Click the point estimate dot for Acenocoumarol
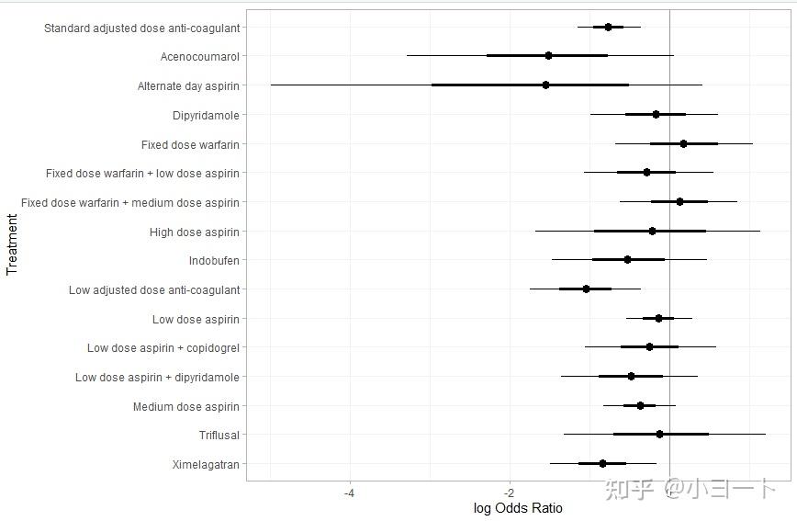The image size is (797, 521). tap(548, 56)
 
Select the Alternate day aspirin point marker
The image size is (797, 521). tap(545, 85)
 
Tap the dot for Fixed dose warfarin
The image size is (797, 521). tap(683, 143)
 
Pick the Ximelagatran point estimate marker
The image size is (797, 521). tap(602, 464)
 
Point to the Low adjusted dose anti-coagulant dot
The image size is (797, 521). tap(586, 289)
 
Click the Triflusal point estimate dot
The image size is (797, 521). tap(659, 434)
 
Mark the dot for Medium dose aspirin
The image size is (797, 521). tap(640, 405)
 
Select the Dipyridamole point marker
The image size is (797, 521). tap(656, 115)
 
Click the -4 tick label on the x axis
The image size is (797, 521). tap(349, 493)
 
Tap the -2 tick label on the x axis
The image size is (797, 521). tap(510, 493)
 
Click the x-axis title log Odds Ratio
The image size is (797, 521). tap(518, 508)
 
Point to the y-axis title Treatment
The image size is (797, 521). tap(12, 244)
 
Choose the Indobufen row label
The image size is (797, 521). tap(214, 260)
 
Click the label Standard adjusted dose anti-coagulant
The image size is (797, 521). tap(141, 28)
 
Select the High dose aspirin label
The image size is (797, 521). tap(194, 232)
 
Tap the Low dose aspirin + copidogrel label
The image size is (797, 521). tap(163, 348)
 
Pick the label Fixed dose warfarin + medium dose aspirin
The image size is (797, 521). tap(129, 202)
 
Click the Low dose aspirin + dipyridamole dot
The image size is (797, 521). tap(631, 376)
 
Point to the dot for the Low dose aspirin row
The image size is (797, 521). tap(658, 319)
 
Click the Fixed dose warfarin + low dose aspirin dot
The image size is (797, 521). tap(646, 172)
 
